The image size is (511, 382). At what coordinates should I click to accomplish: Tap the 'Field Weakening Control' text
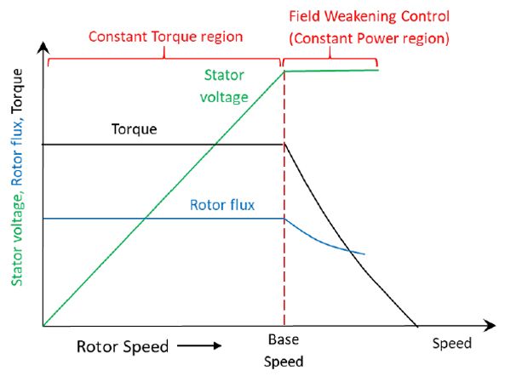369,17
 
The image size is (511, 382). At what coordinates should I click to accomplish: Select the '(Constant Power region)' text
369,38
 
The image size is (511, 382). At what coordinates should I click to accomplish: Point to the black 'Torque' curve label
135,129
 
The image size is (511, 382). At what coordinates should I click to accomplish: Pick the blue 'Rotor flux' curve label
222,204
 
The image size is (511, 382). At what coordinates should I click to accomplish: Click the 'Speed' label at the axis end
451,344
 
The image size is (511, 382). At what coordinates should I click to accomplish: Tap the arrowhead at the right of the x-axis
491,325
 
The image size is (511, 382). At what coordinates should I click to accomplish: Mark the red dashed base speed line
284,255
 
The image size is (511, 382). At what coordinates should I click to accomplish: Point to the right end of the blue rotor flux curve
365,254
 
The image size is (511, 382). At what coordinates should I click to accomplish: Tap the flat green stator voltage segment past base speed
332,71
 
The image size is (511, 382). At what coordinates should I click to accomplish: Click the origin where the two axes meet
43,325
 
